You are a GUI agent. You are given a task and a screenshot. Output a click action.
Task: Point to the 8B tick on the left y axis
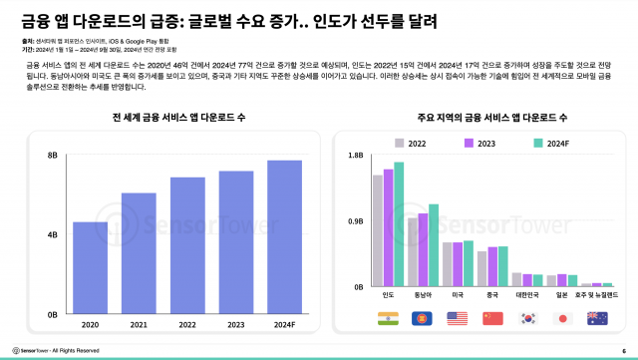[x=52, y=157]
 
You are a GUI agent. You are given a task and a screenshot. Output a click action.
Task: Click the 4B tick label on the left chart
[x=52, y=235]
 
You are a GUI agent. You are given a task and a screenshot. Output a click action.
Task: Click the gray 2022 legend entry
[x=410, y=144]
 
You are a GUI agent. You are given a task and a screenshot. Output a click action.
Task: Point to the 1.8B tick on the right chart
[x=355, y=157]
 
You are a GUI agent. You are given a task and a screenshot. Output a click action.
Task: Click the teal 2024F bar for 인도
[x=399, y=224]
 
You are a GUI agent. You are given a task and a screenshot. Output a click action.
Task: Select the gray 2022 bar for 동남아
[x=413, y=252]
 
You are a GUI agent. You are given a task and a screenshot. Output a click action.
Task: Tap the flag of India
[x=387, y=318]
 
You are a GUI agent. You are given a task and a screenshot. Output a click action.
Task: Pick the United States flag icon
[x=458, y=318]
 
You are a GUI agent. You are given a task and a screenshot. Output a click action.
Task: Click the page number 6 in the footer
[x=623, y=350]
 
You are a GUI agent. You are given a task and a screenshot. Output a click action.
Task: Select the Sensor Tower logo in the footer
[x=28, y=350]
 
